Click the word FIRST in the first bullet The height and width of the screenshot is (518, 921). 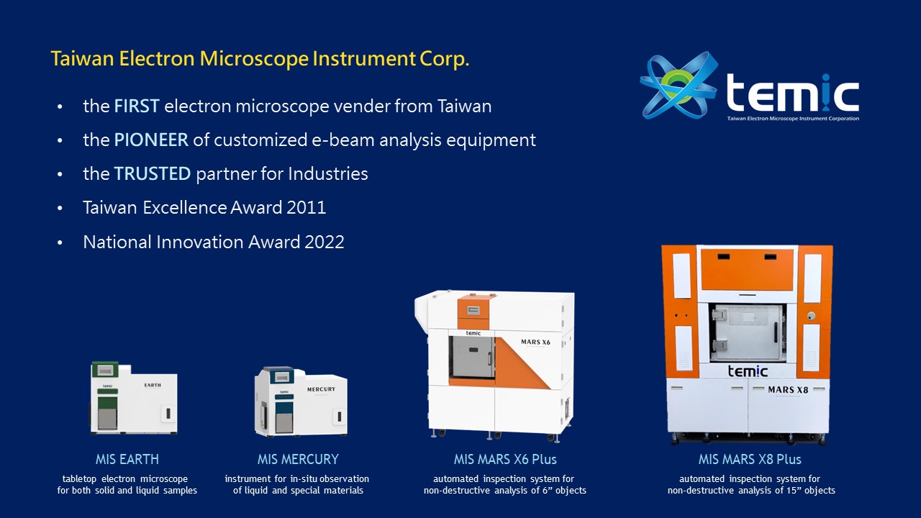(x=137, y=106)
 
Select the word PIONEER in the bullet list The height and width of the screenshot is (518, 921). (x=151, y=140)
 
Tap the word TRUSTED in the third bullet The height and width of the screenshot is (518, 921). (x=152, y=173)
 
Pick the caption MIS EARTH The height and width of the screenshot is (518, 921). (x=127, y=459)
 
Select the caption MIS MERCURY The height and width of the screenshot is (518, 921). (x=298, y=459)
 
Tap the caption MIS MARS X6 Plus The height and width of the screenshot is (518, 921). (x=505, y=459)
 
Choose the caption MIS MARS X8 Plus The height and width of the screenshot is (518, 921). (x=750, y=459)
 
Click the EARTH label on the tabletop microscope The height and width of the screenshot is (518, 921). (x=153, y=385)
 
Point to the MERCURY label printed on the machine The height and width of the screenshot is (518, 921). (x=321, y=389)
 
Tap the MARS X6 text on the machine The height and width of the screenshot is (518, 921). (x=535, y=342)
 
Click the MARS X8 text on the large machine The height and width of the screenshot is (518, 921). (x=788, y=390)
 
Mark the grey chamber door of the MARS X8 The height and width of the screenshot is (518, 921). (x=747, y=333)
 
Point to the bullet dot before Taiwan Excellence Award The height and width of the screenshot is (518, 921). (x=60, y=208)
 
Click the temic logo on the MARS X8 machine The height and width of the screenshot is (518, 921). (x=748, y=371)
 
